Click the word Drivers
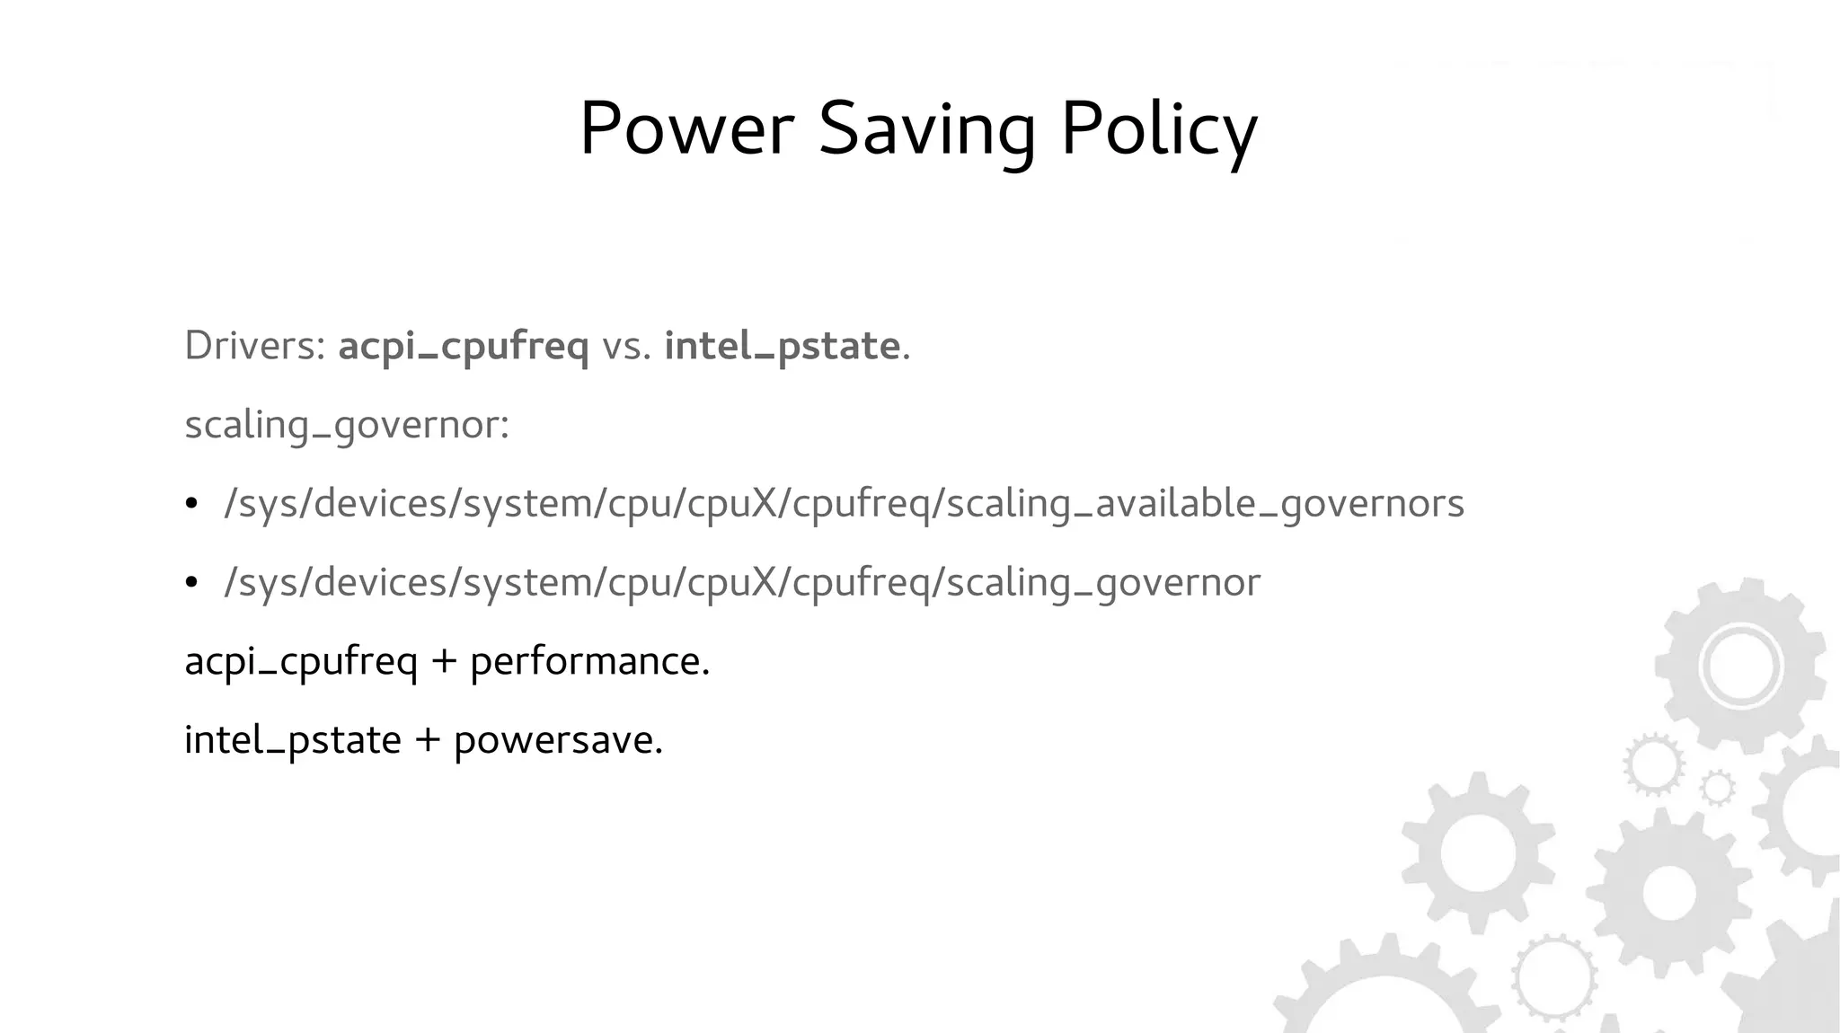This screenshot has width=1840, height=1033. (254, 346)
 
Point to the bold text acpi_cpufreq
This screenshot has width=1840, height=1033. (464, 347)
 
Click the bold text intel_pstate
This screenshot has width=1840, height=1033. (782, 347)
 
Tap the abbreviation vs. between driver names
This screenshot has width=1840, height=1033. (626, 347)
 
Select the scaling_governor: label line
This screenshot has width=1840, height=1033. (347, 425)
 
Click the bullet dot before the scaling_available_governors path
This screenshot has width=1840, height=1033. (190, 504)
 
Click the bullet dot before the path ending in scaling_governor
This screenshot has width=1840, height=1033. (190, 583)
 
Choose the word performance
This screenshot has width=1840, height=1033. (589, 662)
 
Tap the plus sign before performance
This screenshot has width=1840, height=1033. (444, 662)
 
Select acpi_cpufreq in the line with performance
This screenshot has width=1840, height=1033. (301, 662)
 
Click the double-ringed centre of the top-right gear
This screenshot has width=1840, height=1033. (1740, 667)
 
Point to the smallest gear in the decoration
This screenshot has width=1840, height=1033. (1718, 788)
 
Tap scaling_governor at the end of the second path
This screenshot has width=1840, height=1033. (1103, 583)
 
